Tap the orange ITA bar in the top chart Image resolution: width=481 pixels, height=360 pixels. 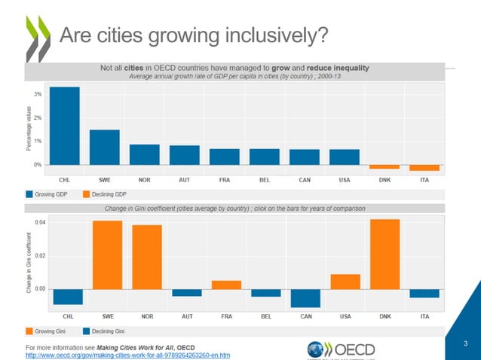tap(424, 168)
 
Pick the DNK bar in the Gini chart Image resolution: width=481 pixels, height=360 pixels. tap(384, 254)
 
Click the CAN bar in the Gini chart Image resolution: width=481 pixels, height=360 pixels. tap(305, 298)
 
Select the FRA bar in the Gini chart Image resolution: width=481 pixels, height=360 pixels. tap(226, 285)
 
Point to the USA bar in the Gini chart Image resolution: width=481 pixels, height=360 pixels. tap(345, 282)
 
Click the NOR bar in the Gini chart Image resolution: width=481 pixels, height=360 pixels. tap(146, 257)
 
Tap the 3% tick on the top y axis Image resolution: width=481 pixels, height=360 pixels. tap(37, 94)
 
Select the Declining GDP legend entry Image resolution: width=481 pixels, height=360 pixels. tap(104, 194)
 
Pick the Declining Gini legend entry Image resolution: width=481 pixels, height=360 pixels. tap(104, 331)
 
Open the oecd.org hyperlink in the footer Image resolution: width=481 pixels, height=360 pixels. tap(128, 354)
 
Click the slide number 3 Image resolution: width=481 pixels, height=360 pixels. tap(467, 344)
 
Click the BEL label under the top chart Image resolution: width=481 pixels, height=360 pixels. tap(265, 179)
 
